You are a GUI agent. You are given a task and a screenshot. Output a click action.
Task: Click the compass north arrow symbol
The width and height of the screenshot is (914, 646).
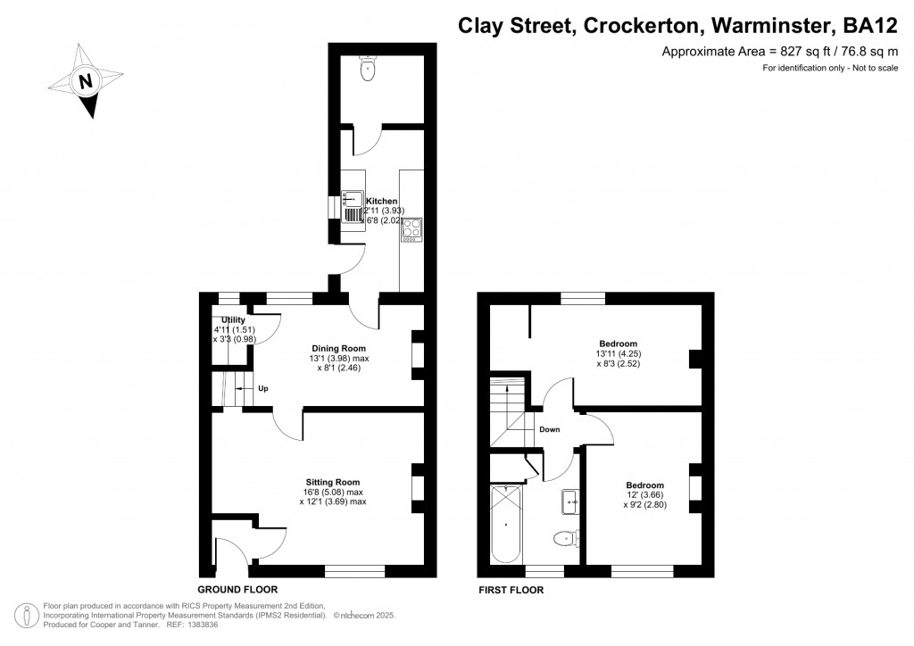click(x=85, y=82)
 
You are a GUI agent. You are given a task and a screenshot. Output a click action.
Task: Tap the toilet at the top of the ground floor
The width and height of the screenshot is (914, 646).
click(x=367, y=69)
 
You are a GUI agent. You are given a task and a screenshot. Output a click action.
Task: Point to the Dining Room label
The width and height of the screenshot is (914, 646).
click(x=338, y=348)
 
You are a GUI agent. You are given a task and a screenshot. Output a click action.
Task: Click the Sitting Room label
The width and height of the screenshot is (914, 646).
click(x=332, y=482)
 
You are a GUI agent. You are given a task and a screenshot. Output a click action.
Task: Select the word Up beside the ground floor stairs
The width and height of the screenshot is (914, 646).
click(x=262, y=389)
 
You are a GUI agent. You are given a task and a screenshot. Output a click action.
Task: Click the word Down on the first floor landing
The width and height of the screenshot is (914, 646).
click(x=550, y=429)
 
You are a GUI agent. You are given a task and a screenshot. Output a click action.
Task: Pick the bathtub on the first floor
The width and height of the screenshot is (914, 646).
click(x=505, y=525)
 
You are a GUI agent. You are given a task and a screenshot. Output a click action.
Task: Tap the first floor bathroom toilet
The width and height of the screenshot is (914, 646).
click(x=564, y=538)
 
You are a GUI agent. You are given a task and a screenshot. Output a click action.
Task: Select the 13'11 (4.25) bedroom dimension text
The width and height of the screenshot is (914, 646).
click(x=618, y=354)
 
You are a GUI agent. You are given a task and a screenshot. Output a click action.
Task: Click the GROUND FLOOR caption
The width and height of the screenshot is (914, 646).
click(x=237, y=590)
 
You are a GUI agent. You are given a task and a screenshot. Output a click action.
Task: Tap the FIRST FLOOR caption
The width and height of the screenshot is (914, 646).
click(x=511, y=590)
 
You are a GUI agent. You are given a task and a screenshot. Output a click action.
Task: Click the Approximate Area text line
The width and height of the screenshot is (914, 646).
click(x=778, y=52)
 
